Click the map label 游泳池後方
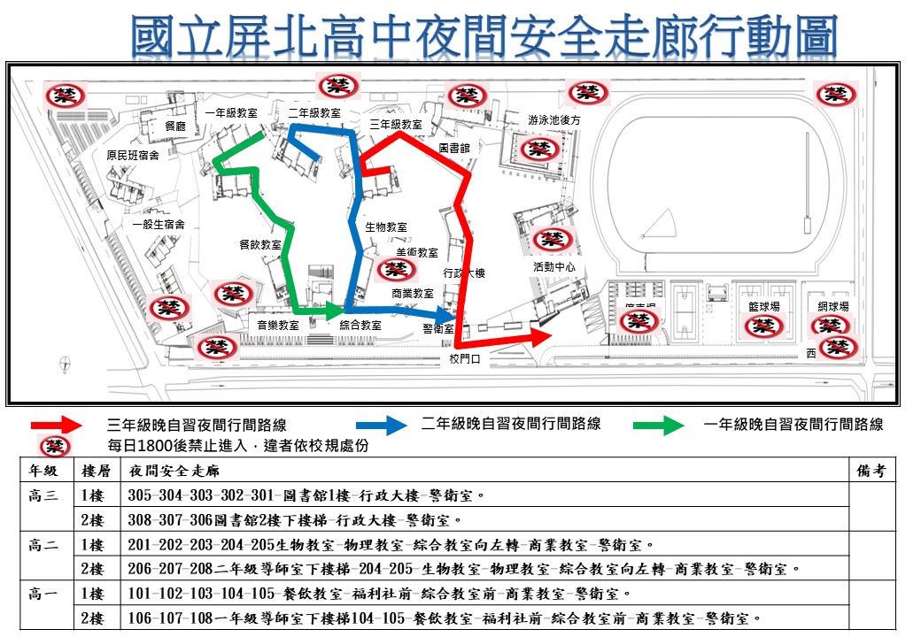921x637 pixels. (553, 119)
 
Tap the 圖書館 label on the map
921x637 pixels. (454, 149)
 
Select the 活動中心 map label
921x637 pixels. (554, 266)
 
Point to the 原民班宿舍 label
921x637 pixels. (133, 156)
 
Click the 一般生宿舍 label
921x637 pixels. (159, 225)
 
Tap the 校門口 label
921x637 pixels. (464, 359)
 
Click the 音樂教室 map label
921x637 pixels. (278, 325)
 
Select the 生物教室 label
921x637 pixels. (386, 227)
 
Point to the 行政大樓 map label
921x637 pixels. (464, 273)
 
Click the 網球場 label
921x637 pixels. (833, 306)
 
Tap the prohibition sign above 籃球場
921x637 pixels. (764, 326)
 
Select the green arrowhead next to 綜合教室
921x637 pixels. (334, 311)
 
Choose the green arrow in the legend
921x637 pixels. (660, 426)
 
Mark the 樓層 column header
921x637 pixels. (95, 471)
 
